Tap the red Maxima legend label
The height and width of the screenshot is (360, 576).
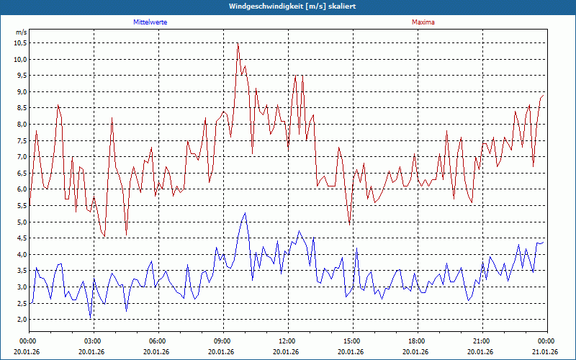pyautogui.click(x=423, y=22)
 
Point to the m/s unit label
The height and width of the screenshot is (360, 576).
pyautogui.click(x=21, y=32)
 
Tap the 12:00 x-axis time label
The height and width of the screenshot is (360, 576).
pyautogui.click(x=286, y=341)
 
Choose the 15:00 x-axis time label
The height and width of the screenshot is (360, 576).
pyautogui.click(x=351, y=341)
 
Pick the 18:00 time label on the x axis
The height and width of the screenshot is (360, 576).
pyautogui.click(x=415, y=341)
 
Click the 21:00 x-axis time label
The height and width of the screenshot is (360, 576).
pyautogui.click(x=480, y=341)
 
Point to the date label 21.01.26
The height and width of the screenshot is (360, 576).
pyautogui.click(x=544, y=352)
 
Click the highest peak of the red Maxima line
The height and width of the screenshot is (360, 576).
pyautogui.click(x=238, y=43)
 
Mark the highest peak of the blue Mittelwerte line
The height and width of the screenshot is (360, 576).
pyautogui.click(x=245, y=212)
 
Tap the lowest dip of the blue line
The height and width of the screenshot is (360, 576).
pyautogui.click(x=90, y=317)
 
